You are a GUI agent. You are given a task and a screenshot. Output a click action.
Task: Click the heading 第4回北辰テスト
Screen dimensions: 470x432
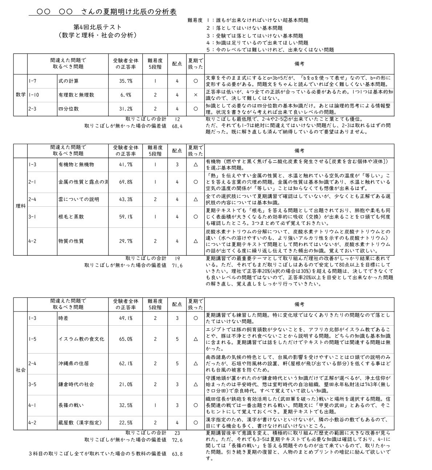[97, 27]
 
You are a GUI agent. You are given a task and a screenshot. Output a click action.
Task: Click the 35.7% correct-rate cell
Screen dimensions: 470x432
[126, 81]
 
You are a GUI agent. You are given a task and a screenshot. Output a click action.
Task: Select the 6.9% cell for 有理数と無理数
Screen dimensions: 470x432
[126, 95]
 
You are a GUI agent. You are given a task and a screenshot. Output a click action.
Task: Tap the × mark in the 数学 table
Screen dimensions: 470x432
[195, 95]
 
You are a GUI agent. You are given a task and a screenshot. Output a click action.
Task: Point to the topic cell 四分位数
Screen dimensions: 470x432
[69, 109]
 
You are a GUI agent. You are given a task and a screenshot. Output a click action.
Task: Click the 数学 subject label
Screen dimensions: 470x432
[21, 95]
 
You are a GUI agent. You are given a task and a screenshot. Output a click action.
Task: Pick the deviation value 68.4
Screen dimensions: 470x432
[177, 126]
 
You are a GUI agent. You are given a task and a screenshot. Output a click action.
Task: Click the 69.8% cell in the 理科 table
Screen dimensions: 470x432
[126, 182]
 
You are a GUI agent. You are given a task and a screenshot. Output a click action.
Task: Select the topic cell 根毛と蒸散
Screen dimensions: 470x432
[71, 217]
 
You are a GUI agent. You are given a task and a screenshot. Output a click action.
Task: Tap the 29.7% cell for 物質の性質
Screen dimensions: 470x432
[126, 241]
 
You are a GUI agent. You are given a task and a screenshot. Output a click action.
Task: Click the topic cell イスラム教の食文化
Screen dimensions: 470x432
[81, 339]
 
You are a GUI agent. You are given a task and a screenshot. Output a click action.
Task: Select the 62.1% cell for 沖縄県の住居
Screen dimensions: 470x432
[126, 363]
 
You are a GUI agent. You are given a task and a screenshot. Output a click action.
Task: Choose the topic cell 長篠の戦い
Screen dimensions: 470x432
[71, 405]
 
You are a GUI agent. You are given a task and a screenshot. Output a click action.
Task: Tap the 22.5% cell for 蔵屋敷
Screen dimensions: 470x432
[126, 423]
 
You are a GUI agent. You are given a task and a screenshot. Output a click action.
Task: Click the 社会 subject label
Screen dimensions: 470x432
[21, 370]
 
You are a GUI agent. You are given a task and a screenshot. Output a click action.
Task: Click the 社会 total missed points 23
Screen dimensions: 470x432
[177, 433]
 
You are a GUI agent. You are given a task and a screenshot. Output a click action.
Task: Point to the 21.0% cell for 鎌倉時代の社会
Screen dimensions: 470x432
[126, 384]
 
